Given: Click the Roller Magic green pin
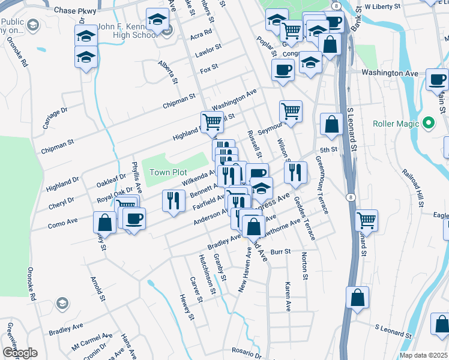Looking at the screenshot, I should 428,124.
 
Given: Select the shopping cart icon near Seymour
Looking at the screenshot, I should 291,111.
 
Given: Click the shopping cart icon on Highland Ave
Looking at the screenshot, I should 212,122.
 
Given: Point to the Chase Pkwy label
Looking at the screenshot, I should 74,10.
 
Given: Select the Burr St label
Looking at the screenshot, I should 280,252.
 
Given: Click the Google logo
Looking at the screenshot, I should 20,353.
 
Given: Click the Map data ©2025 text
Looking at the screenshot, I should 423,355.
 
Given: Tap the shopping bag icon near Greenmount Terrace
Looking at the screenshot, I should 331,124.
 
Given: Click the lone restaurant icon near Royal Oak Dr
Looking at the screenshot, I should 173,200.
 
